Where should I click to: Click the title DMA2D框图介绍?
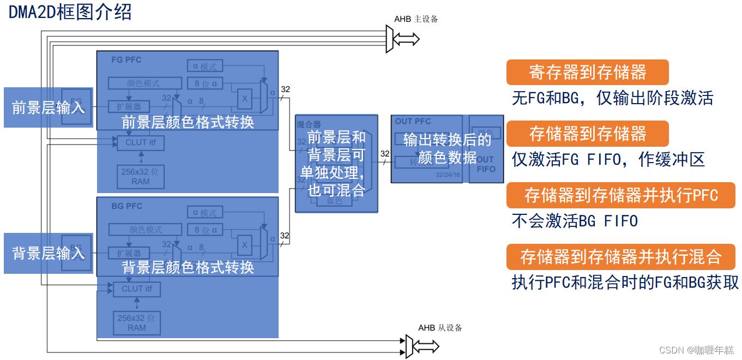click(70, 11)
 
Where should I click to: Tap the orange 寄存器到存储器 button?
click(587, 73)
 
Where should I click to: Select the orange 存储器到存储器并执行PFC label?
click(620, 195)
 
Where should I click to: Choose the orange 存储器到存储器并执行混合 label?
click(620, 257)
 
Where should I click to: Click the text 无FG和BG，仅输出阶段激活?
click(612, 98)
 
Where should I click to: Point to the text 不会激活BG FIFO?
click(575, 221)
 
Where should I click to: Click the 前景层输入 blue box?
click(49, 107)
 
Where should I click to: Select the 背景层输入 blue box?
click(49, 253)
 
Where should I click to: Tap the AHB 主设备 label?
click(416, 19)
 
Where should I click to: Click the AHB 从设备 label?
click(440, 328)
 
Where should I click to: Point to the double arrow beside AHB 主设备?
click(406, 39)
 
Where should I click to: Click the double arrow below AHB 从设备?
click(426, 346)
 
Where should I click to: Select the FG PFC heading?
click(126, 59)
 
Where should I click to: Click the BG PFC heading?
click(126, 206)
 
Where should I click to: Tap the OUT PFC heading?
click(413, 121)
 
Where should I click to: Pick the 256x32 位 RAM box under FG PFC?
click(141, 176)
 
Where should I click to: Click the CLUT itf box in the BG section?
click(137, 289)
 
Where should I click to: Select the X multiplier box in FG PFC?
click(244, 98)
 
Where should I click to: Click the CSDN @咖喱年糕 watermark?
click(696, 350)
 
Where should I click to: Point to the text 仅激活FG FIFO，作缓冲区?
click(608, 159)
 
